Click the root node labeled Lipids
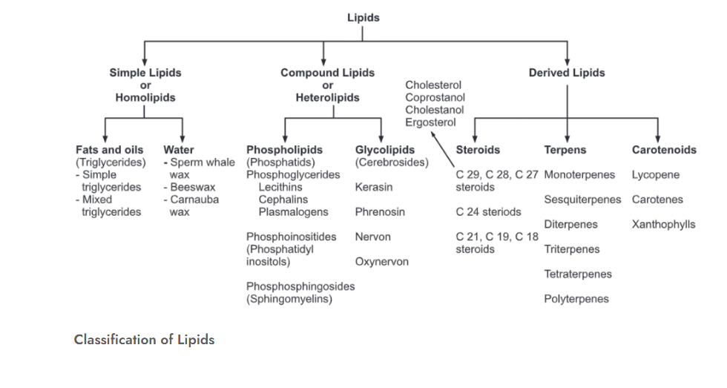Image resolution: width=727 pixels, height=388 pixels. pos(363,18)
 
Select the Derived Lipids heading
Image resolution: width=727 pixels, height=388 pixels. pos(566,73)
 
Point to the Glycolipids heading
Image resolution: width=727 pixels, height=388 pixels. pos(384,150)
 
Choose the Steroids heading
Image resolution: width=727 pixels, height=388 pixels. pos(478,150)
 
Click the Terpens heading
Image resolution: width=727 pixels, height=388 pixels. pos(565,150)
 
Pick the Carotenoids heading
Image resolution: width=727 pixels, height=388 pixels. pos(664,150)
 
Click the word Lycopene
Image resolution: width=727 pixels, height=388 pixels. pos(655,175)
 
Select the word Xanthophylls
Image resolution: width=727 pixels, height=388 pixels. pos(663,224)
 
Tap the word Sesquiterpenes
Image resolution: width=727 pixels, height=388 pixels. pos(582,200)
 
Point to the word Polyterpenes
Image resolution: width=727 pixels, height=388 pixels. pos(576,299)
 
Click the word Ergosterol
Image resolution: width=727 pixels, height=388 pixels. pos(430,122)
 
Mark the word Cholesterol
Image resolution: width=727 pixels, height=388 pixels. pos(433,85)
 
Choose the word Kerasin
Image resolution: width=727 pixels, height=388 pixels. pos(374,188)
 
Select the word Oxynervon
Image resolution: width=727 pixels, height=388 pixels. pos(381,262)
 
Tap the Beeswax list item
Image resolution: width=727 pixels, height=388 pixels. pos(191,188)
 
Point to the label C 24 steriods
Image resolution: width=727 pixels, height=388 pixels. pos(488,212)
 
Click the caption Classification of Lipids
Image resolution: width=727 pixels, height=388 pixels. pos(144,340)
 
